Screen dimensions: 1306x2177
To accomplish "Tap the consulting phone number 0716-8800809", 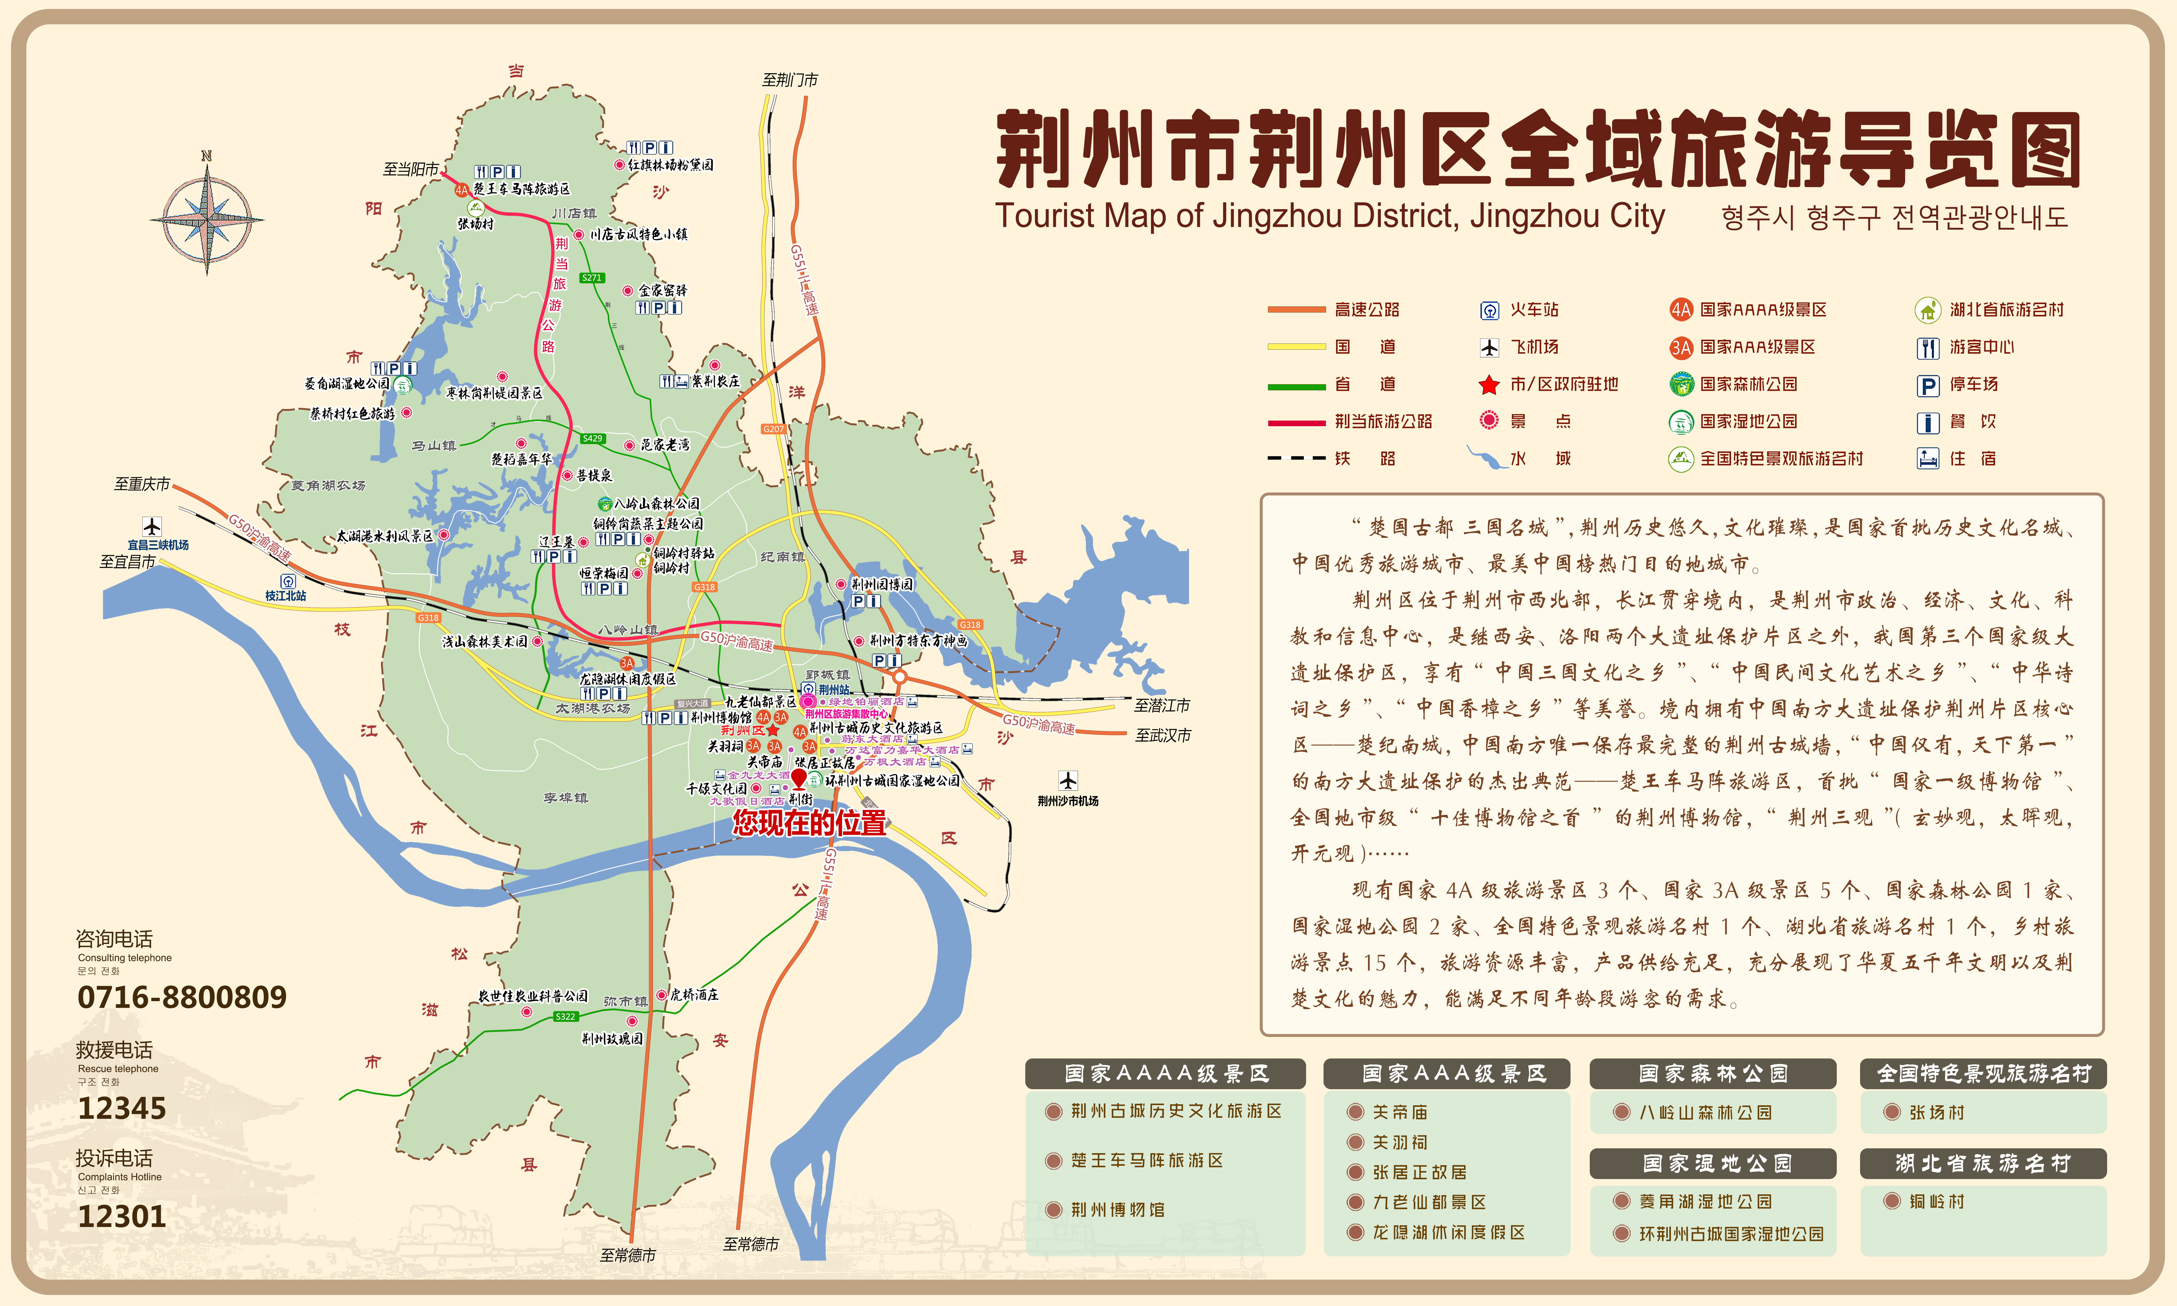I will coord(182,997).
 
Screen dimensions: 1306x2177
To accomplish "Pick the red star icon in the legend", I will coord(1489,384).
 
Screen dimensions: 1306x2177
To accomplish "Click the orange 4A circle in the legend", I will coord(1681,310).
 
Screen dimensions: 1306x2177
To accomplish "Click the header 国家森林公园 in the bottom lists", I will coord(1712,1074).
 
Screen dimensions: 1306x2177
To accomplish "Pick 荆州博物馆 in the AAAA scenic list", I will coord(1117,1210).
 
